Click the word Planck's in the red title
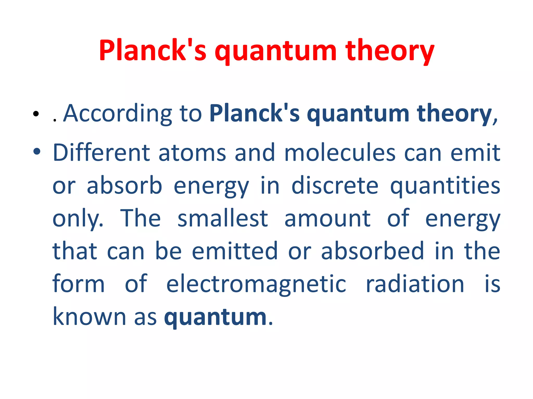tap(153, 50)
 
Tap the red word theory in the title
tap(390, 50)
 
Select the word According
tap(118, 113)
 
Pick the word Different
tap(101, 153)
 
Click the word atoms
tap(192, 153)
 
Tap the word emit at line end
tap(475, 153)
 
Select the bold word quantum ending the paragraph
tap(215, 317)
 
